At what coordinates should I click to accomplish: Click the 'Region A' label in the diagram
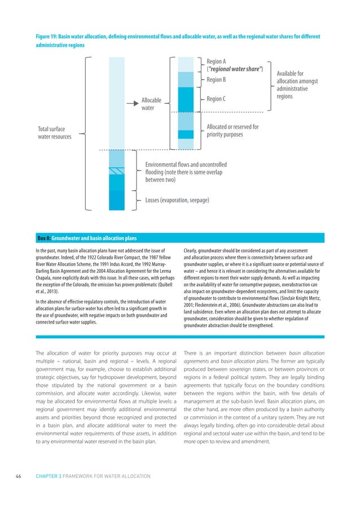[216, 61]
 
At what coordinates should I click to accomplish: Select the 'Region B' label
[216, 80]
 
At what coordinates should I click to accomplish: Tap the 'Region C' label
[216, 99]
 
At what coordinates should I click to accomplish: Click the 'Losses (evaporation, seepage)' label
[177, 200]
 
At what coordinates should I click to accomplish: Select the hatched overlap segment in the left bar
[117, 171]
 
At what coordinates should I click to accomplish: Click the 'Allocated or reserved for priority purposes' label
[232, 130]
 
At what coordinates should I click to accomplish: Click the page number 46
[19, 476]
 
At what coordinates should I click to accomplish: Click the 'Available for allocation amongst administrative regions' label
[297, 85]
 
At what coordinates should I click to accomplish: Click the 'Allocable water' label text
[151, 104]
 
